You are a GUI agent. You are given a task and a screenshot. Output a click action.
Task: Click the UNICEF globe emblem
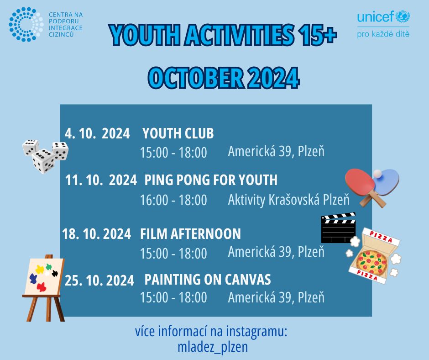403,17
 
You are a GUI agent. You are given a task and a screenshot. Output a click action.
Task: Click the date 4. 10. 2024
97,134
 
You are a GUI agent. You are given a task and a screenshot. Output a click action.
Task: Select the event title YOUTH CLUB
178,133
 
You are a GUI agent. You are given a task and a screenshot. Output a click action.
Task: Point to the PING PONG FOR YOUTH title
211,180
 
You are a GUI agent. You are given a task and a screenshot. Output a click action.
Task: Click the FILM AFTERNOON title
190,234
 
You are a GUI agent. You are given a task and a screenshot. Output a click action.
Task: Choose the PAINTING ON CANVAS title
208,280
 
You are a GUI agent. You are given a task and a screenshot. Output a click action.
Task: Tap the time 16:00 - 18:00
173,200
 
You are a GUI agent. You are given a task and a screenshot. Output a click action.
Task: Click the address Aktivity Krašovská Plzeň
288,200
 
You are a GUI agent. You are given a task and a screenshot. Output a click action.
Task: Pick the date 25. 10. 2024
99,281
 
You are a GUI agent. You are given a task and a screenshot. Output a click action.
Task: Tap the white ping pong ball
377,174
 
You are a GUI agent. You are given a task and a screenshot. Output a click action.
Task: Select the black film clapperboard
339,228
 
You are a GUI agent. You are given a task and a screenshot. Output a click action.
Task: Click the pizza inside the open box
372,263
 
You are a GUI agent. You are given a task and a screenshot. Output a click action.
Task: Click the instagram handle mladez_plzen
213,347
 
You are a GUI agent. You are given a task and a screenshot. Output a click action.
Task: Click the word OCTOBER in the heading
196,78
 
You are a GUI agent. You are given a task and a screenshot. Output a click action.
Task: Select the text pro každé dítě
383,34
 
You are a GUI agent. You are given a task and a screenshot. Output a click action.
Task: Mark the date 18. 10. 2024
97,234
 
